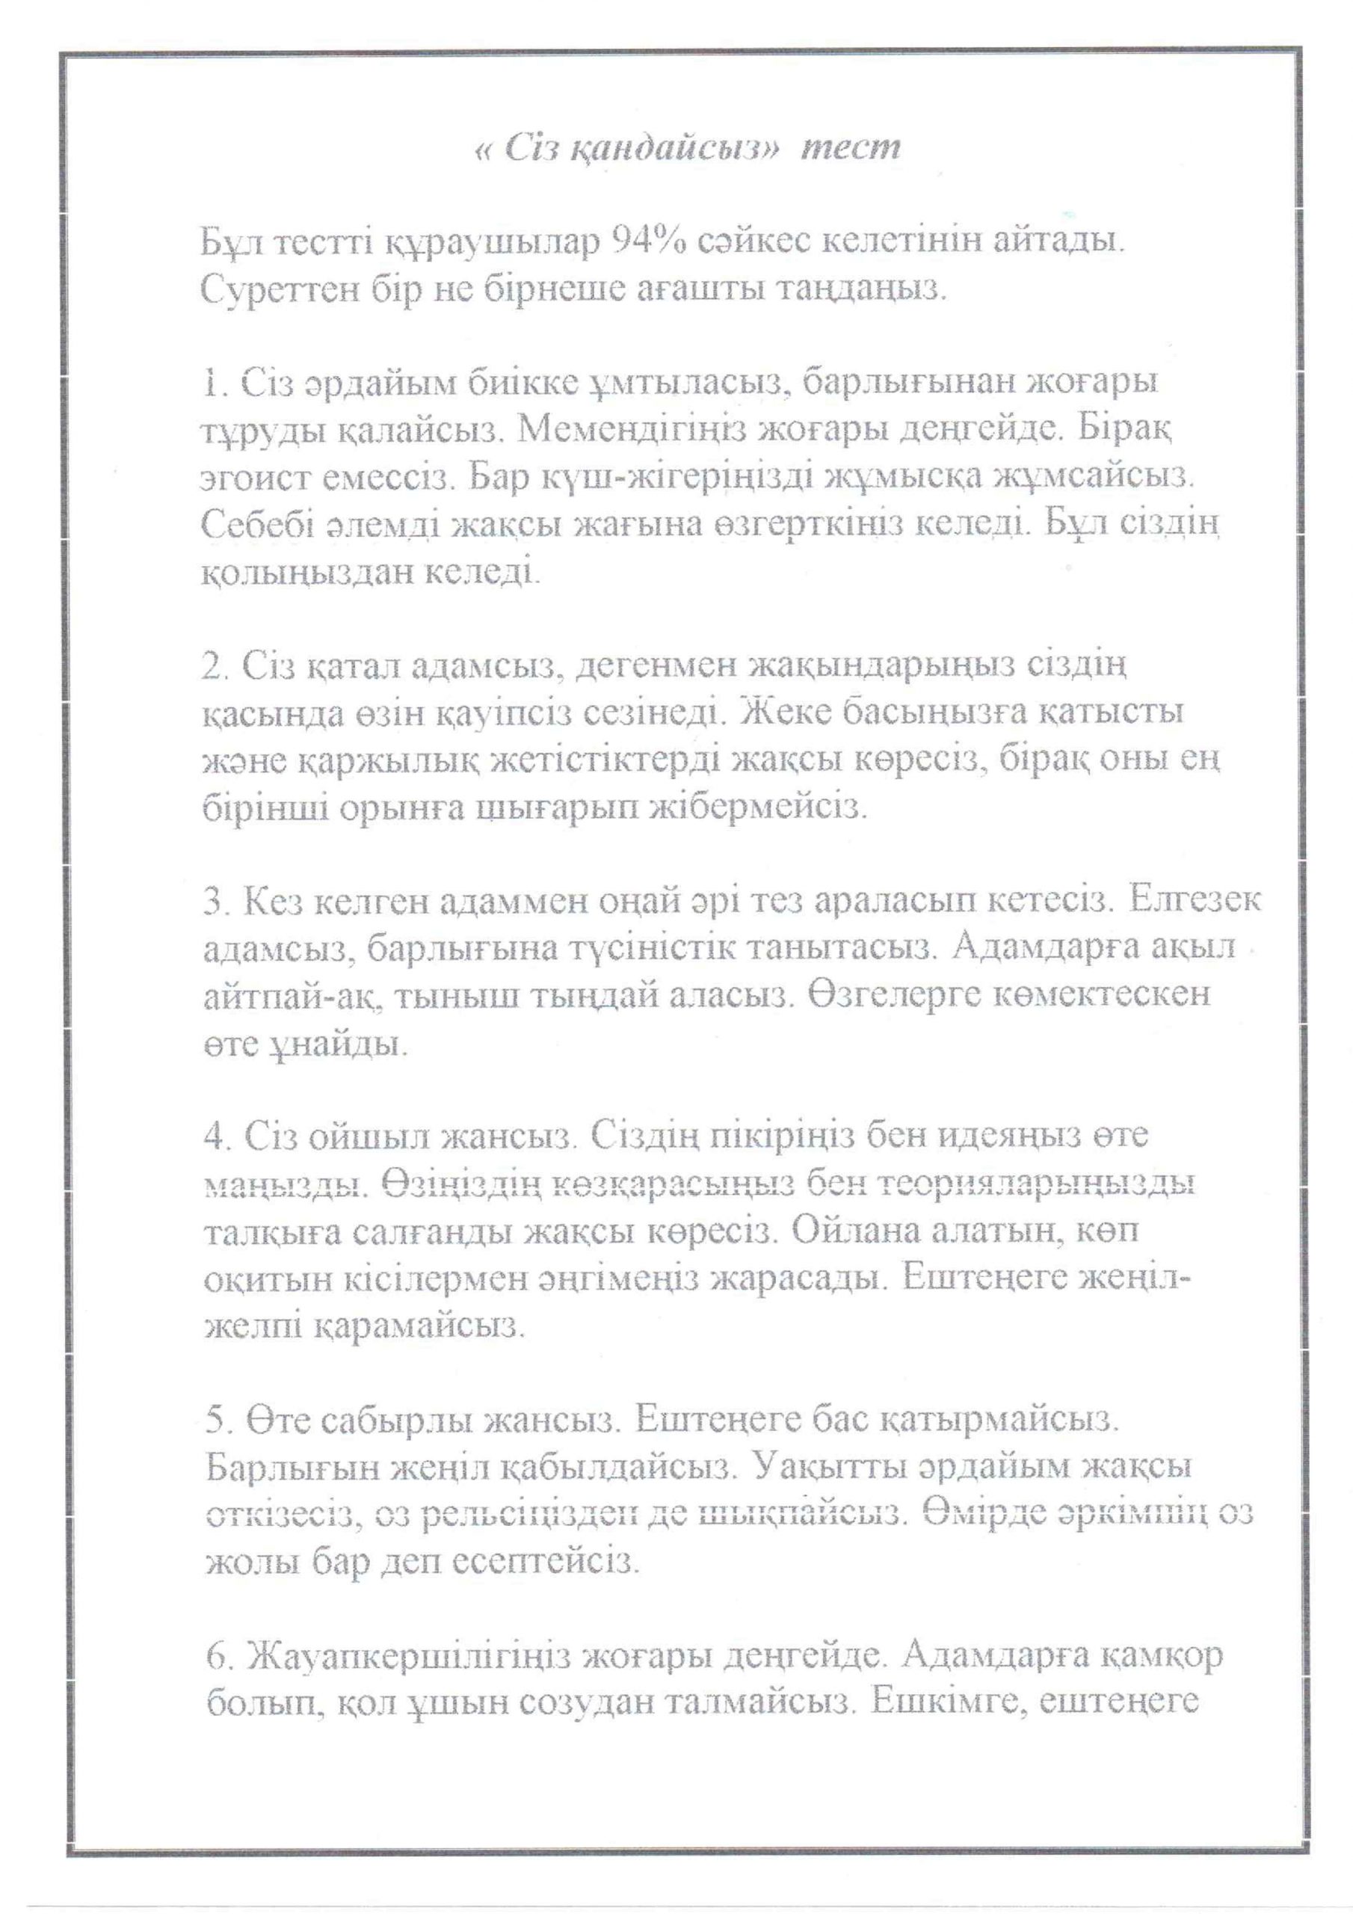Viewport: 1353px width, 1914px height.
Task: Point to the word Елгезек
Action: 1192,901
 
